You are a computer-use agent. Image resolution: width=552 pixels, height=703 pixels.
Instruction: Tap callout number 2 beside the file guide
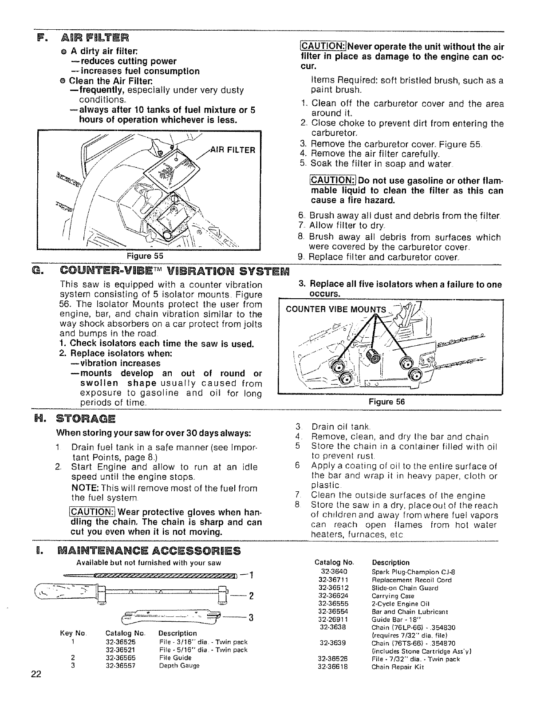coord(251,596)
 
